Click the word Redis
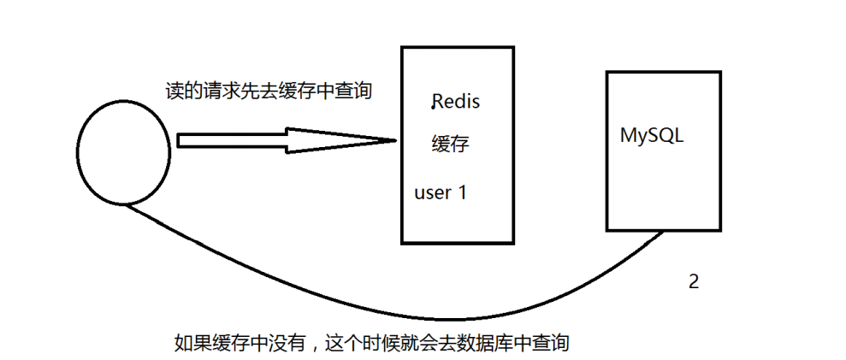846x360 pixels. tap(457, 102)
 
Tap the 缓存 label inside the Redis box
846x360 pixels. tap(450, 144)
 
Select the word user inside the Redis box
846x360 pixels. tap(433, 192)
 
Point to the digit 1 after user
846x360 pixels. tap(462, 192)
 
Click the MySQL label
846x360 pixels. tap(652, 136)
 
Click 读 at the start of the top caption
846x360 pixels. tap(174, 91)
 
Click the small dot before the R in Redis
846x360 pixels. tap(433, 108)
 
